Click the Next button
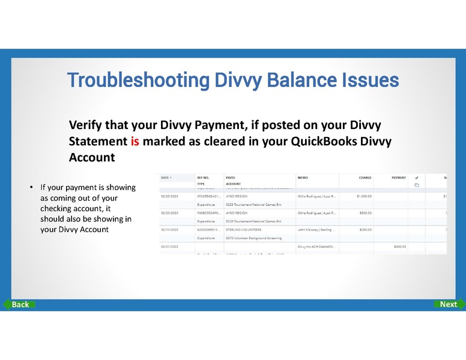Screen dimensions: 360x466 [x=447, y=304]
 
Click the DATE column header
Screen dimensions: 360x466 [x=166, y=178]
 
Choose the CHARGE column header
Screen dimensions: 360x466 [x=365, y=178]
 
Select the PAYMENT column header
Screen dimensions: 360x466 [x=399, y=178]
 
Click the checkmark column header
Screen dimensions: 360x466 [x=416, y=178]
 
